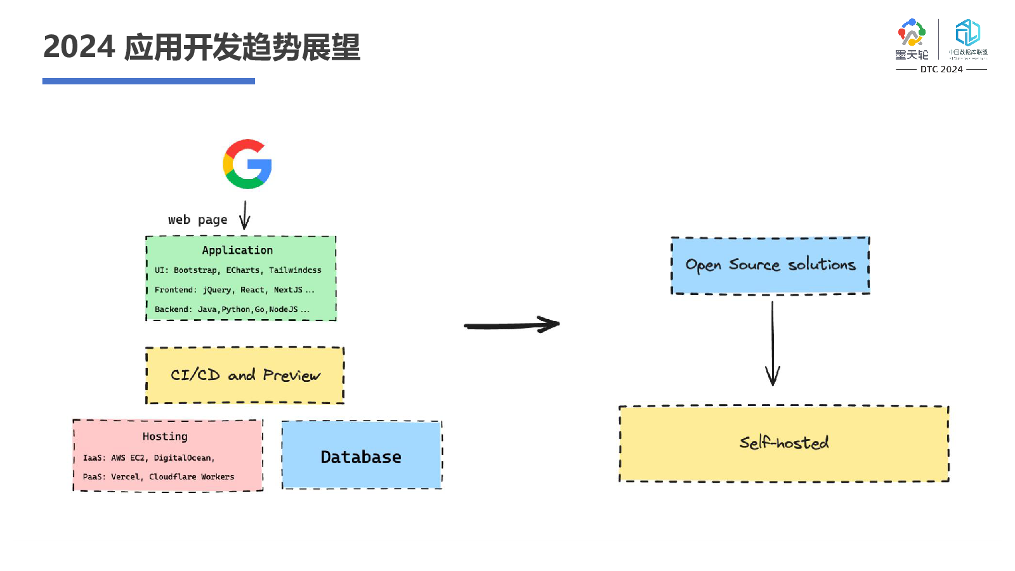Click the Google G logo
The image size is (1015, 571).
(x=247, y=164)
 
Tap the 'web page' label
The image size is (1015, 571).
(x=197, y=220)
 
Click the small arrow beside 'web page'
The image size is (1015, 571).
(x=245, y=216)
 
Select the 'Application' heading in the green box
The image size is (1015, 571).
(x=237, y=250)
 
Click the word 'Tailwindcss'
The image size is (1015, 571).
(x=295, y=270)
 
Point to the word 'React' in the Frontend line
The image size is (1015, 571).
(x=252, y=290)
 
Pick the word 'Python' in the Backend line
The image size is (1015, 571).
(x=236, y=310)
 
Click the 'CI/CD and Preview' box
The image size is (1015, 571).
(x=245, y=375)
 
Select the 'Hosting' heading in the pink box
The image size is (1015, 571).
(x=165, y=436)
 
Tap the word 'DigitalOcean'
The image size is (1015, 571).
(x=183, y=458)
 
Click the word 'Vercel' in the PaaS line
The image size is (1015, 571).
(x=125, y=477)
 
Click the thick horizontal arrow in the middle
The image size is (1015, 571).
(x=511, y=325)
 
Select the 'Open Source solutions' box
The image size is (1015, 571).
(x=770, y=265)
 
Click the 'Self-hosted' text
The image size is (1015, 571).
(x=784, y=442)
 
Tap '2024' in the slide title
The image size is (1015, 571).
(x=79, y=47)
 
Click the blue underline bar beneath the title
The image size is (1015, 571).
(x=148, y=81)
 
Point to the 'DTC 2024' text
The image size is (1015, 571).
(x=941, y=69)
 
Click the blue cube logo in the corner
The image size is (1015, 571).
(x=968, y=33)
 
